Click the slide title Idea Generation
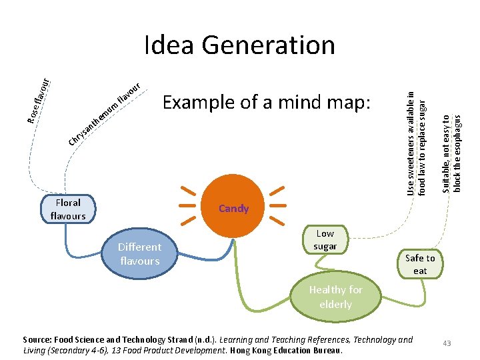[x=239, y=45]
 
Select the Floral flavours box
[x=68, y=209]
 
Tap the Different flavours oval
[x=139, y=253]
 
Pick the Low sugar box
[x=325, y=240]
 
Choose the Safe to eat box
[x=420, y=264]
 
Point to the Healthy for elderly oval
[x=335, y=297]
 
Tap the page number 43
[x=447, y=343]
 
